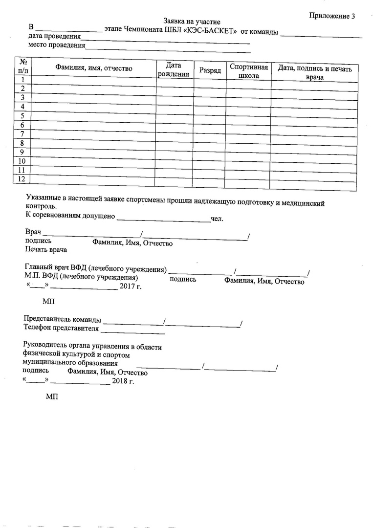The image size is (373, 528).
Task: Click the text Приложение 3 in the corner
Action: pos(332,16)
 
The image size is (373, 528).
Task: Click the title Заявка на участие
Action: pos(192,22)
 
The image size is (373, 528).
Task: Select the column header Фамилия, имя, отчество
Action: pos(93,68)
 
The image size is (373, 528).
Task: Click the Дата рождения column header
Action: pos(174,69)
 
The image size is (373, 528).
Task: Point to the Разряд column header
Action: pos(210,70)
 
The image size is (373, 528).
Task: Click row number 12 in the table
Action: pos(22,179)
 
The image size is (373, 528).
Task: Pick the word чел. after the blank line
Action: pos(217,219)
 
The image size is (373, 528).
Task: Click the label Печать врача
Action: pos(46,249)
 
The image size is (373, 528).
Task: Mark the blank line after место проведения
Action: pos(168,47)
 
